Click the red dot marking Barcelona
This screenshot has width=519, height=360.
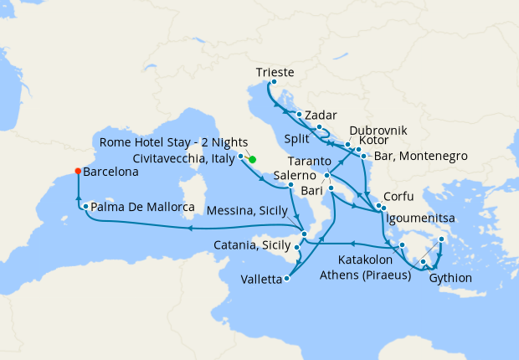[78, 171]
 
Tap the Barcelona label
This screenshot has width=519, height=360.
[111, 172]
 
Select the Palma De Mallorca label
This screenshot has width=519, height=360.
[138, 206]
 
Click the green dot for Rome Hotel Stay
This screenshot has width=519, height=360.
[252, 159]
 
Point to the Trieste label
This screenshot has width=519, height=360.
[274, 73]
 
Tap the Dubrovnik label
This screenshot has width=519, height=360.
[378, 131]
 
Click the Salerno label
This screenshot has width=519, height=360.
[292, 176]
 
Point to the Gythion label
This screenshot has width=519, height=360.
[450, 278]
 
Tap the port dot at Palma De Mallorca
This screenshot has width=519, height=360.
[85, 205]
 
